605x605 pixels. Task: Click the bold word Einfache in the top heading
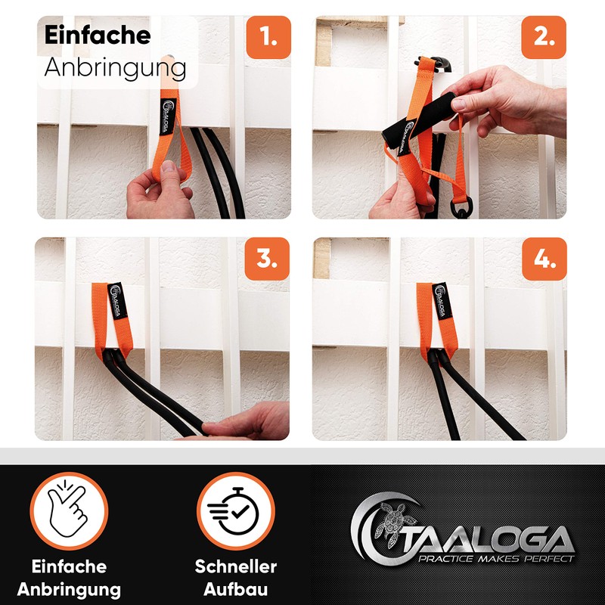(98, 35)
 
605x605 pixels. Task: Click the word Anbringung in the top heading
(115, 67)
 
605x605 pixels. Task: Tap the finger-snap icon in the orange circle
(70, 511)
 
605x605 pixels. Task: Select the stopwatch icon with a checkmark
(235, 511)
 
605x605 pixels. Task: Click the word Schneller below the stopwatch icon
(235, 566)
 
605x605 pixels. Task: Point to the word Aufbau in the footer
(235, 589)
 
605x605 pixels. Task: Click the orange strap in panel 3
(103, 318)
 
